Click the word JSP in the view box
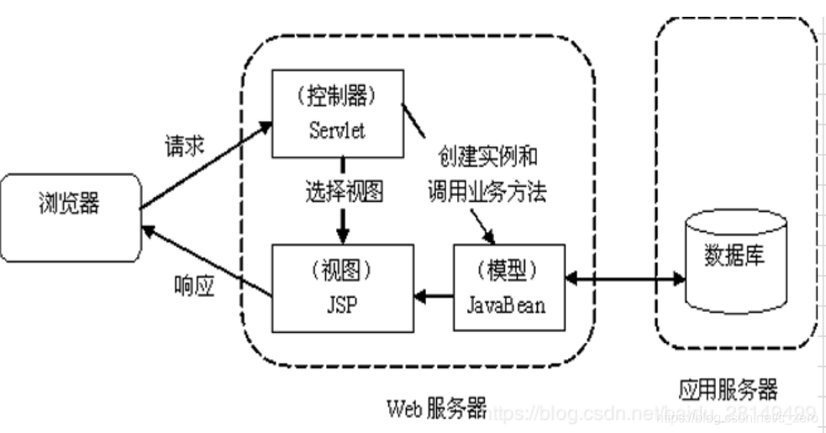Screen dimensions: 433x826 point(339,304)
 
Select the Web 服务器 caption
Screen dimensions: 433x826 point(435,409)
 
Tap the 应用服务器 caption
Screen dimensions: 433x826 point(728,388)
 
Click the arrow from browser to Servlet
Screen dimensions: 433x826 point(207,165)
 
